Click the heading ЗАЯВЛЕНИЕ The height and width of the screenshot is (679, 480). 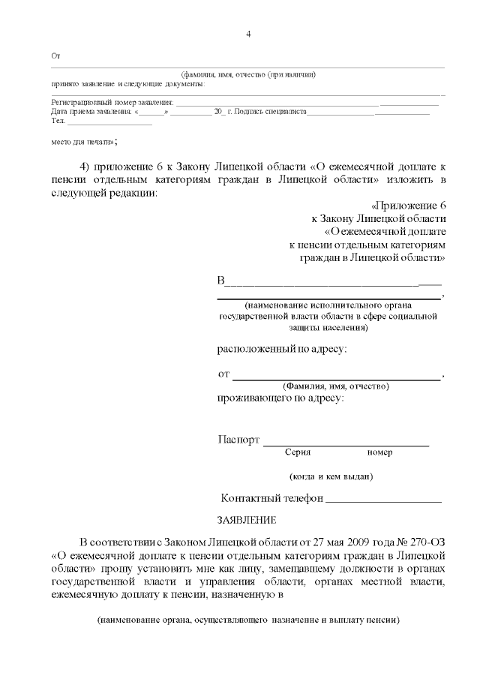[x=246, y=519]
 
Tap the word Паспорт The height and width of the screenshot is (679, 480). [x=238, y=440]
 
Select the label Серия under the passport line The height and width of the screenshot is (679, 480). [x=298, y=452]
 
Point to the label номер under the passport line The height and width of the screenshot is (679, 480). [x=379, y=452]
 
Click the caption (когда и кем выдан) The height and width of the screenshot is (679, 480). [x=331, y=476]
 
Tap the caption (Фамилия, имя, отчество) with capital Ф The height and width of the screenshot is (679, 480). [x=330, y=386]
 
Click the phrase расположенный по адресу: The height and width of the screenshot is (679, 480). [x=282, y=349]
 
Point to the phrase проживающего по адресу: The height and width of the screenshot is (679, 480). [x=280, y=398]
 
